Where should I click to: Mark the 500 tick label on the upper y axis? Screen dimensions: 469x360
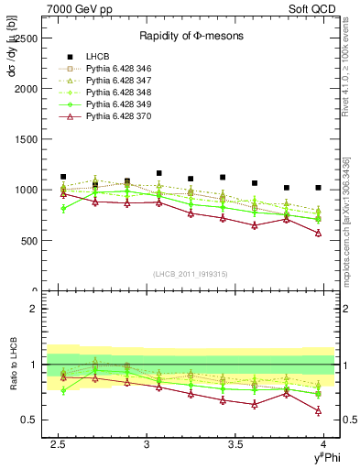[x=28, y=241]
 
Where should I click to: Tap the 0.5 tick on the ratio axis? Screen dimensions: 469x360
[x=29, y=420]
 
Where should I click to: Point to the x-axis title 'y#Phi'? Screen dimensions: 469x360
[x=326, y=459]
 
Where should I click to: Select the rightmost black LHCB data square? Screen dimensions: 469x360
[x=318, y=188]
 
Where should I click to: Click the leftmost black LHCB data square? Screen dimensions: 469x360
[x=63, y=177]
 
